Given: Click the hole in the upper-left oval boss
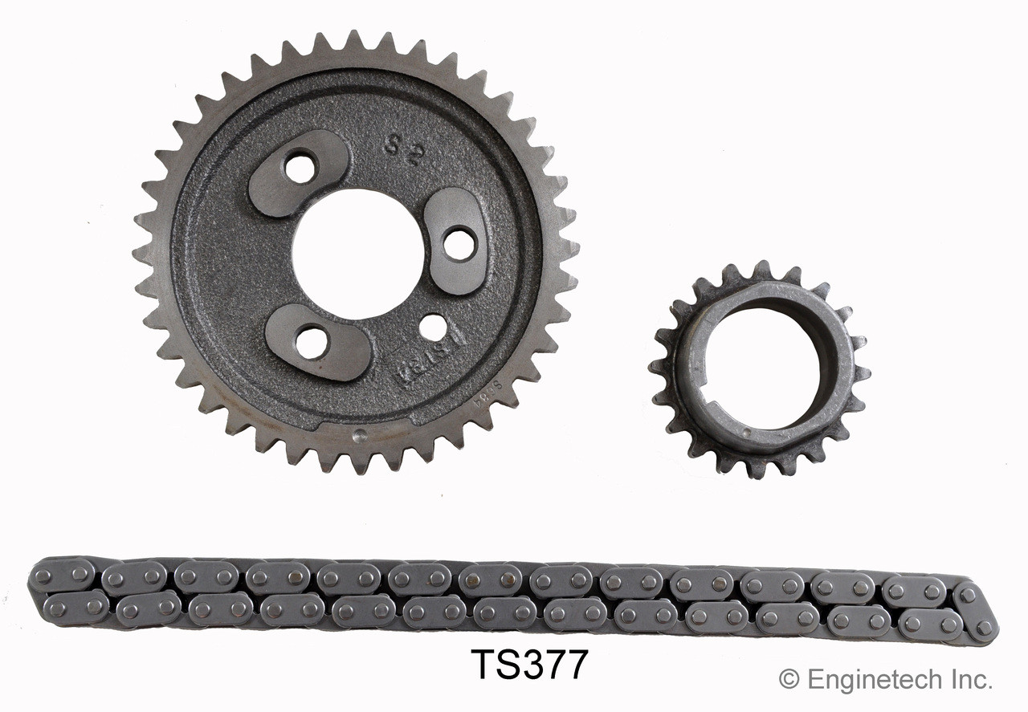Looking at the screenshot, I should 300,168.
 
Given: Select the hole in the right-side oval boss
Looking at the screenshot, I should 459,244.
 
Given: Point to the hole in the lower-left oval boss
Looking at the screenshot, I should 312,343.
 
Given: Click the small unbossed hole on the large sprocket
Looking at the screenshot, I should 433,327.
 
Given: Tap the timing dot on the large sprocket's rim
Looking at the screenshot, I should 361,437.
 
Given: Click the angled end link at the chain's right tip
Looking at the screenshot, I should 977,612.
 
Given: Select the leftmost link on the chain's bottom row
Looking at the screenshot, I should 76,608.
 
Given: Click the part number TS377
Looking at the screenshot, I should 529,665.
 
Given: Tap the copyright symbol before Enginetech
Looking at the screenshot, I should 789,679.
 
